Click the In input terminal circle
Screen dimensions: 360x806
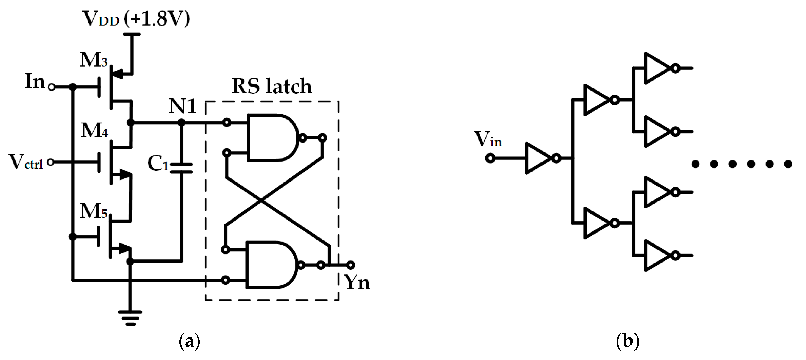pyautogui.click(x=52, y=87)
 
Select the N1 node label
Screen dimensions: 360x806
pyautogui.click(x=182, y=106)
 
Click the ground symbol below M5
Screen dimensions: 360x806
pyautogui.click(x=130, y=318)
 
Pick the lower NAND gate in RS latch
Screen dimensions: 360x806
pyautogui.click(x=271, y=265)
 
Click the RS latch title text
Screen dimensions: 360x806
pyautogui.click(x=272, y=86)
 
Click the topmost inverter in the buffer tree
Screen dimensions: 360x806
pyautogui.click(x=657, y=68)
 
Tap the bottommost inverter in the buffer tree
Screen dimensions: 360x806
pyautogui.click(x=657, y=256)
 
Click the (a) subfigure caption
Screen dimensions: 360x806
pyautogui.click(x=189, y=341)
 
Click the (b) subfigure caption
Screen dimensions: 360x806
pyautogui.click(x=627, y=341)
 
